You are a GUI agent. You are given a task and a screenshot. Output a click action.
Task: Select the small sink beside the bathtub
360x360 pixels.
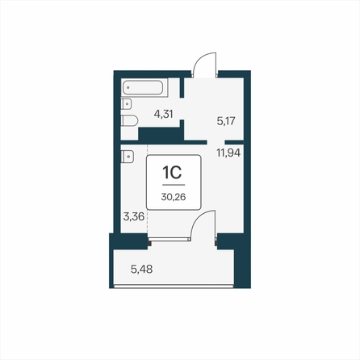(x=125, y=104)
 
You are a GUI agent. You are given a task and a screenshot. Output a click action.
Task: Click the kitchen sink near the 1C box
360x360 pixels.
(x=125, y=156)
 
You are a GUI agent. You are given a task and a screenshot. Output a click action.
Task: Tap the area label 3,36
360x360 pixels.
(x=133, y=216)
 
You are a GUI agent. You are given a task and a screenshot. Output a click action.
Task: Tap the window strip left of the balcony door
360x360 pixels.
(x=169, y=240)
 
